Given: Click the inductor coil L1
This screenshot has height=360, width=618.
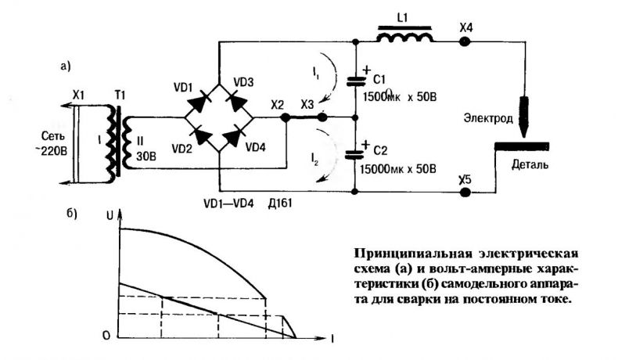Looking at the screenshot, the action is click(404, 36).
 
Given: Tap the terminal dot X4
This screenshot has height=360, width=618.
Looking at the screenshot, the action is click(465, 41).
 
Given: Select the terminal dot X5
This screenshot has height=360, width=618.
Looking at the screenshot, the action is click(465, 192).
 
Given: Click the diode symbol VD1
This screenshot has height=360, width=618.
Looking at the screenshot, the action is click(199, 100).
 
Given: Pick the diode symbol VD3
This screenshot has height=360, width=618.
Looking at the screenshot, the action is click(237, 100).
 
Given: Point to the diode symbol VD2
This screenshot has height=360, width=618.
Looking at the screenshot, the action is click(200, 135).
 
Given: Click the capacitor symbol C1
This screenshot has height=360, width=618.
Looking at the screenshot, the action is click(355, 81).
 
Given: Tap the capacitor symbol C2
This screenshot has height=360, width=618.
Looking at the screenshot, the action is click(355, 154).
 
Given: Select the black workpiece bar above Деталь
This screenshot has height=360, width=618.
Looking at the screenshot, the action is click(522, 146).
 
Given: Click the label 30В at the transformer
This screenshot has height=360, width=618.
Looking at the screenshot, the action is click(146, 157).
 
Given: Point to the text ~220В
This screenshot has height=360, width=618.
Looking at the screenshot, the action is click(54, 150).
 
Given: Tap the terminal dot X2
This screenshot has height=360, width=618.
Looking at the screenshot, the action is click(285, 117).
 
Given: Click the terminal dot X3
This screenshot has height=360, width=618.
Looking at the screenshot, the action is click(322, 117).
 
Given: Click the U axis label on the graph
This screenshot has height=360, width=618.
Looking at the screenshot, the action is click(110, 215).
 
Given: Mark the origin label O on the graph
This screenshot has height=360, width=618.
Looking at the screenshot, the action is click(106, 336).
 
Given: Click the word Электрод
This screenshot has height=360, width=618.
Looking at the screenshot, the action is click(488, 118).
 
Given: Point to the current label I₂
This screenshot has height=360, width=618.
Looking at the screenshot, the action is click(314, 160).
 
